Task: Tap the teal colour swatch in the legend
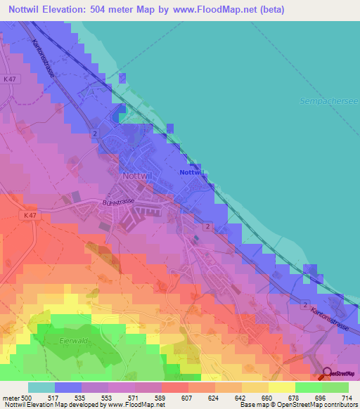click(x=41, y=387)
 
